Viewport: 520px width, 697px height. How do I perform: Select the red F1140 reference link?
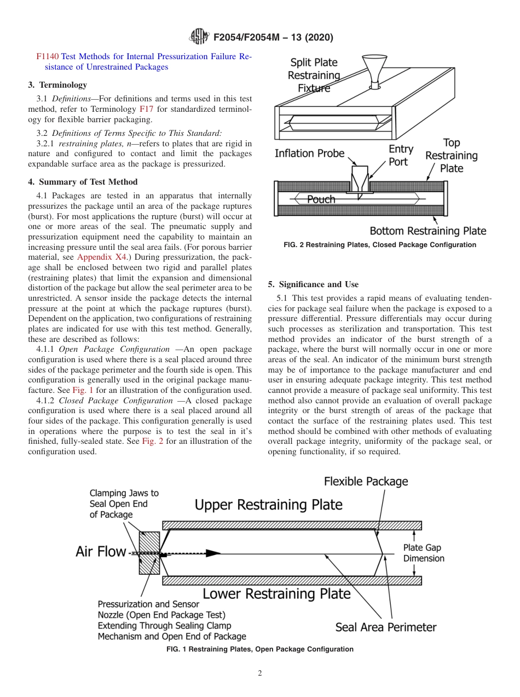[48, 56]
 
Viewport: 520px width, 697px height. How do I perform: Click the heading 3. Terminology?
[57, 85]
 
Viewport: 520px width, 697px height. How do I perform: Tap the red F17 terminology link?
[146, 109]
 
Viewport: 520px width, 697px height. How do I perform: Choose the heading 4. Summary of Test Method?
[83, 182]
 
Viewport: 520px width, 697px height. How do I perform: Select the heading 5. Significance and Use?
[313, 284]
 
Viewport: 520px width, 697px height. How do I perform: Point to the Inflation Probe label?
[309, 153]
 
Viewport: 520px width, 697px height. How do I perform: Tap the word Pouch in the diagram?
[321, 199]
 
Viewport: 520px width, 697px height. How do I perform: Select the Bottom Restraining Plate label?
[427, 231]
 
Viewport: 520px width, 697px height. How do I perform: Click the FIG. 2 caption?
[380, 245]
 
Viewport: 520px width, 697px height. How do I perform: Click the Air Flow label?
[101, 551]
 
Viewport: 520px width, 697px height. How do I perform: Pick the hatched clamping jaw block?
[149, 552]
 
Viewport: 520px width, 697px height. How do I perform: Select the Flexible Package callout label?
[366, 482]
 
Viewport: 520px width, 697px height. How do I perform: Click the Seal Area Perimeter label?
[385, 627]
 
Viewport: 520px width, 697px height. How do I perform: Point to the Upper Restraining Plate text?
[268, 504]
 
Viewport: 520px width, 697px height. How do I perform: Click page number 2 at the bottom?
[260, 673]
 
